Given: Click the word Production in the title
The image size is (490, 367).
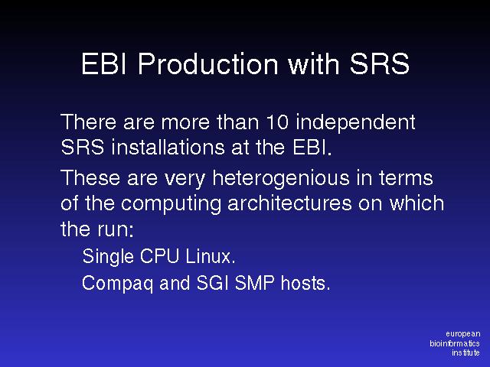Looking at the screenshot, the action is [207, 64].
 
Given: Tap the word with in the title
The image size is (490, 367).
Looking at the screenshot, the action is [313, 63].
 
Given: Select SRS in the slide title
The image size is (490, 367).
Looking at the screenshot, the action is [380, 64].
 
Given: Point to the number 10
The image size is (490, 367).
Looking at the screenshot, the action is [277, 122].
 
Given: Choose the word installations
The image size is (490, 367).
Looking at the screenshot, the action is [168, 147].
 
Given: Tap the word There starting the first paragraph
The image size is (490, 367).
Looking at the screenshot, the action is [89, 122].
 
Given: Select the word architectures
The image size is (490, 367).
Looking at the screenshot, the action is [289, 203].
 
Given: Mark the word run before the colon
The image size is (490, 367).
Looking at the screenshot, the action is [113, 231].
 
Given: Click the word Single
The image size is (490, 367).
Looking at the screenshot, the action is [108, 258].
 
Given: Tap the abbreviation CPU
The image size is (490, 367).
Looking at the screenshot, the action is [159, 256].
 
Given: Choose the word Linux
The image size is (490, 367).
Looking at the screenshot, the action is [210, 256].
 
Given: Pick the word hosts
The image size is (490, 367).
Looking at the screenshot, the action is [305, 283].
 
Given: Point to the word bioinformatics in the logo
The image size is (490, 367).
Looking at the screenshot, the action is [455, 343].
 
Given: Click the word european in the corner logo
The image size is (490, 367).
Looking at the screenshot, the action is [463, 335].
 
